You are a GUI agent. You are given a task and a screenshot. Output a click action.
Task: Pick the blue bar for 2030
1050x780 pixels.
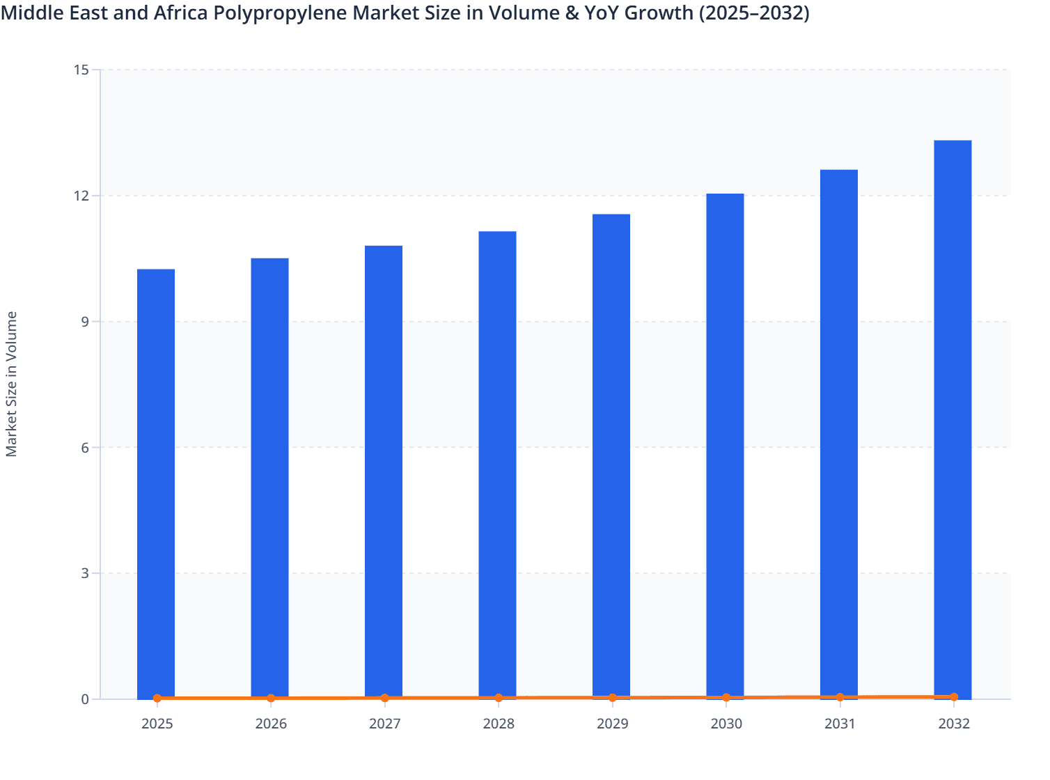[725, 446]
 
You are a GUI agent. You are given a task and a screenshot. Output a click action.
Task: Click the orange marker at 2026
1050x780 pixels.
[271, 698]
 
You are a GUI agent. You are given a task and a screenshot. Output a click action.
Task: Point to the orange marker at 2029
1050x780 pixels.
[613, 697]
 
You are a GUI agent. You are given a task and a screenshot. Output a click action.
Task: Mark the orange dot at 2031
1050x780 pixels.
[840, 697]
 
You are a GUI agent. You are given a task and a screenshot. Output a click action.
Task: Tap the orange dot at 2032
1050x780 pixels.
[954, 696]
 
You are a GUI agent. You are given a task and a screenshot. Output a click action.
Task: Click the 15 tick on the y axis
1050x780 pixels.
[81, 70]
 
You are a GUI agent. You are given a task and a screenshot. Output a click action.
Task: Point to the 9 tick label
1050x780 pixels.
[85, 322]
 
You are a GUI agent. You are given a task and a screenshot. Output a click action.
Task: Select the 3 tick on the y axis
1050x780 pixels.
[85, 573]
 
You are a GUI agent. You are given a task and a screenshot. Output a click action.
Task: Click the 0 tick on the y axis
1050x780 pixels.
[85, 699]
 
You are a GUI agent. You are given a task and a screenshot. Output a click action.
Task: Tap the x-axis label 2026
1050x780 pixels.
[271, 724]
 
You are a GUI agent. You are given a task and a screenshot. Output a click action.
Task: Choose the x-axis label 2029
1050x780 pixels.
[613, 724]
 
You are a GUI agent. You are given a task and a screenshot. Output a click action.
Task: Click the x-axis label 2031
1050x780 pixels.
[840, 724]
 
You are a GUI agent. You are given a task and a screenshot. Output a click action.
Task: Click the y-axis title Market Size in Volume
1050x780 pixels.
[11, 384]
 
